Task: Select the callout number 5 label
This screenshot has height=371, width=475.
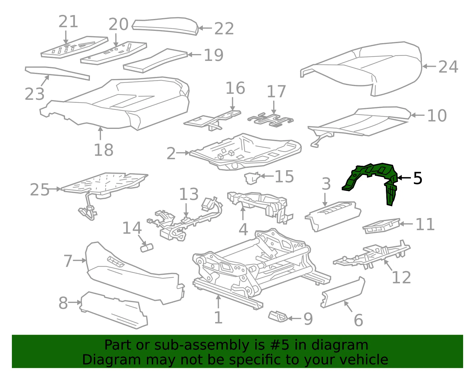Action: point(417,178)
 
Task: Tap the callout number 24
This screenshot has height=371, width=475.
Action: point(448,67)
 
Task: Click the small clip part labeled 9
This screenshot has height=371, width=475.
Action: point(278,316)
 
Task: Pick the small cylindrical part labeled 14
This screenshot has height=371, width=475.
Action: point(147,248)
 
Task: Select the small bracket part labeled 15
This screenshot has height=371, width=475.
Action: point(252,178)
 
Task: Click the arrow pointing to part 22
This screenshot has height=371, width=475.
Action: point(205,28)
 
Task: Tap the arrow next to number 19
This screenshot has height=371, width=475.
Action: point(194,55)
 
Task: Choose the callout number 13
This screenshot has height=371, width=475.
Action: point(189,194)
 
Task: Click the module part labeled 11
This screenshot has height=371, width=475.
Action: point(381,226)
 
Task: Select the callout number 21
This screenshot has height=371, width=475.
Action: point(68,21)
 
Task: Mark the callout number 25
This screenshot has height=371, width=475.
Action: point(39,189)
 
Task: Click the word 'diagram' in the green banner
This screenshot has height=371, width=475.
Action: point(340,345)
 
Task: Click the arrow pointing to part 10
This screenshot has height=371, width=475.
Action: point(418,115)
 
